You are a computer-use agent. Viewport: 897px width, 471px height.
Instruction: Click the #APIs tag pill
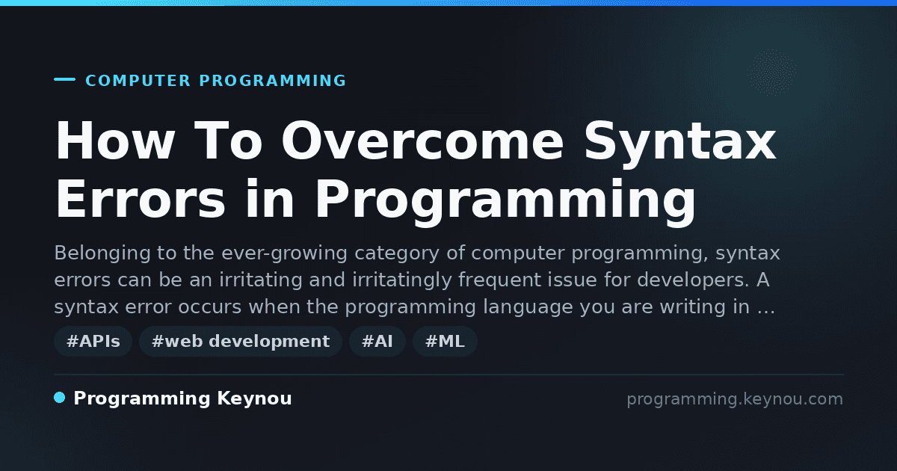93,342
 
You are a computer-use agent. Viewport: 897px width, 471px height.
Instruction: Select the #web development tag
241,342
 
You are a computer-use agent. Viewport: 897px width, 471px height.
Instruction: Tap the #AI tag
377,342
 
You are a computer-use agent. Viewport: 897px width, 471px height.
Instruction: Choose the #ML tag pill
445,342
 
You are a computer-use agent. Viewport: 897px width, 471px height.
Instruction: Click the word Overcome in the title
422,142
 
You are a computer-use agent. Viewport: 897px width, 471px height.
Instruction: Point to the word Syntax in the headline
680,144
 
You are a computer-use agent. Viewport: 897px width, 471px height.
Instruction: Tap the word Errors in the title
141,200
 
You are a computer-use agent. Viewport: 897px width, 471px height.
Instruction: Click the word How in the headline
115,141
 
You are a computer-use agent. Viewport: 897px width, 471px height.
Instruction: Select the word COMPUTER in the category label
138,81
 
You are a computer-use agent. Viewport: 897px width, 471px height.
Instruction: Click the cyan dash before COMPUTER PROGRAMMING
64,79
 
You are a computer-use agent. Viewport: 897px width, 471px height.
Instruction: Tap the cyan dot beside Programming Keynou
60,398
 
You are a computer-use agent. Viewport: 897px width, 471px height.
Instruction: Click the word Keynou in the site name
254,399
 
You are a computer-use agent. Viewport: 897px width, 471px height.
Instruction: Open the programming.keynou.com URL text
735,399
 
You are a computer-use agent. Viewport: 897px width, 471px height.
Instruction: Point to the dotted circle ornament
771,72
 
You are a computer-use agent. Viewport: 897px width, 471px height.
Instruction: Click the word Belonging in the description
102,254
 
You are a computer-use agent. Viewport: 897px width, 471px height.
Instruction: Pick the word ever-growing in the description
284,254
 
